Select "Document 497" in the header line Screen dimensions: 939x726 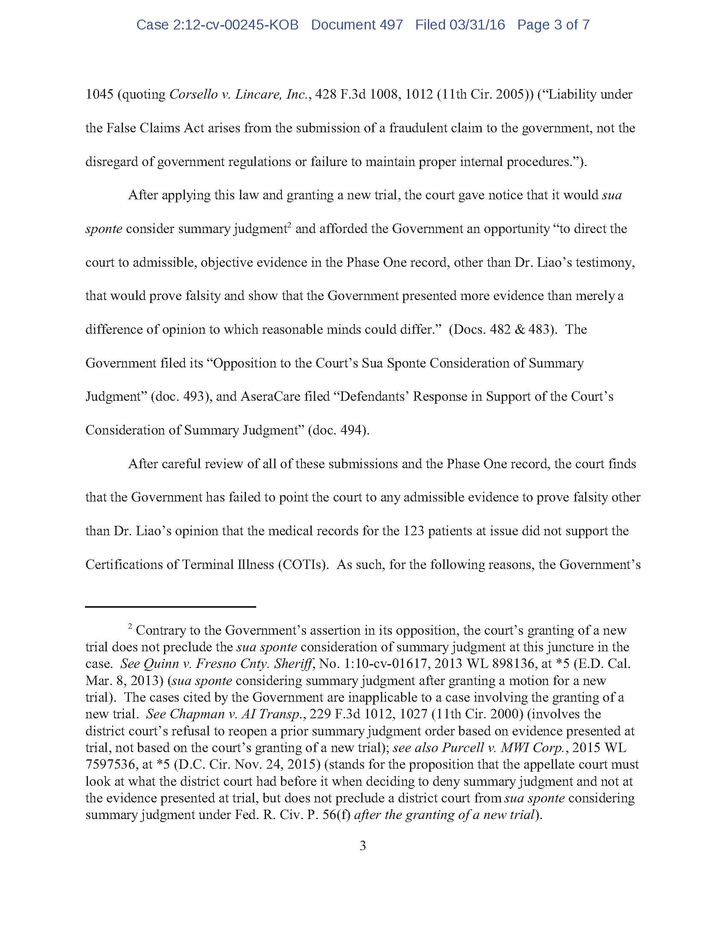357,25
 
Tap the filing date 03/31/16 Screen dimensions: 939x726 477,25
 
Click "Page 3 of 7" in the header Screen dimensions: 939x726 553,25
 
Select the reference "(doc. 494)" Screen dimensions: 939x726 339,430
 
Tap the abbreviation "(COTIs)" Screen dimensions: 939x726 303,564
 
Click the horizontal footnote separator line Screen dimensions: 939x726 170,607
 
